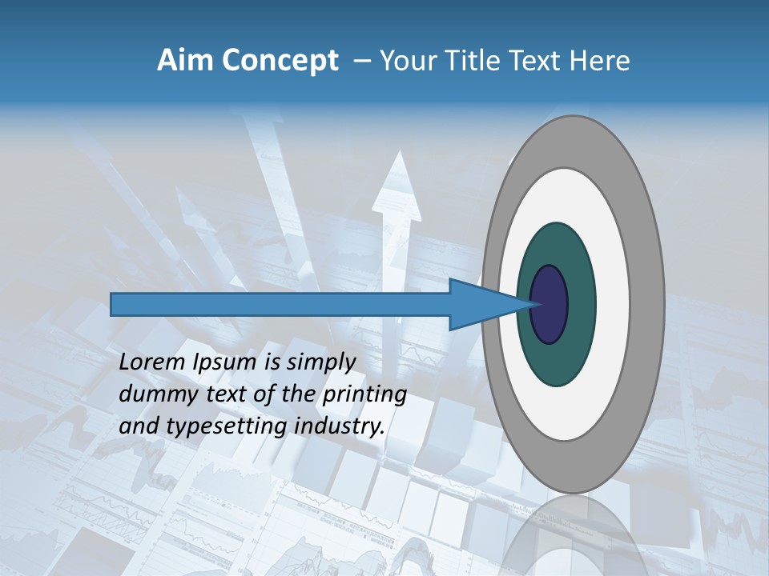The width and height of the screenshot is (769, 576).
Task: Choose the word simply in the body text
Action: pyautogui.click(x=320, y=362)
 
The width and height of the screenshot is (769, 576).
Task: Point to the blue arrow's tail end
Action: pyautogui.click(x=115, y=304)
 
